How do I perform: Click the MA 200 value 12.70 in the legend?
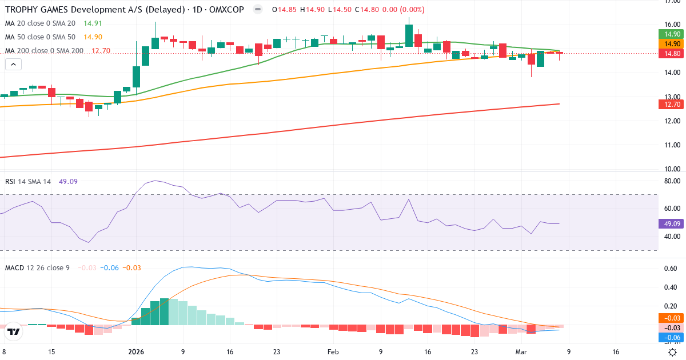[101, 51]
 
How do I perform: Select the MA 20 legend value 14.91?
[93, 23]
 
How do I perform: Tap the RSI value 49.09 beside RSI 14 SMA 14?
[68, 181]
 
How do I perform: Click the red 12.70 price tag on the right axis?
[670, 104]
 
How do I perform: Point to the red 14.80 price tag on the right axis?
[670, 53]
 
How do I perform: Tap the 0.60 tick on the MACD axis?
[670, 269]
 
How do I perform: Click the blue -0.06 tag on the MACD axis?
[670, 338]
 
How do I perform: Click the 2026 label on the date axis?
[136, 352]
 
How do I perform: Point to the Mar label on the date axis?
[521, 352]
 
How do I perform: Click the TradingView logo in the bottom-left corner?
[14, 331]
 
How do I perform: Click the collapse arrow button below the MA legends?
[13, 64]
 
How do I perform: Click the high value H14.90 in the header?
[312, 10]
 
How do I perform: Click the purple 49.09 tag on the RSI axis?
[670, 223]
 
